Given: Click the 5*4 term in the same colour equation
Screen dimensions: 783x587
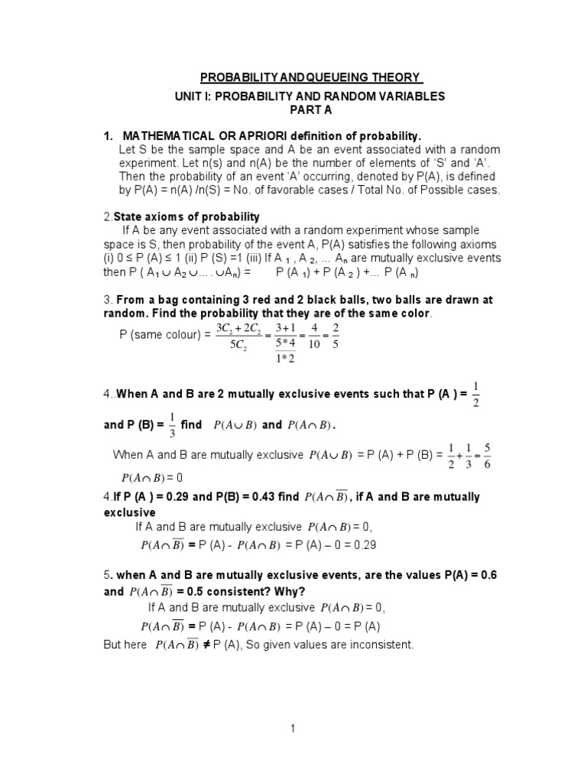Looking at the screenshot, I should (285, 342).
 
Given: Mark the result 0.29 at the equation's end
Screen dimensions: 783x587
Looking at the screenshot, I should (363, 545).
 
